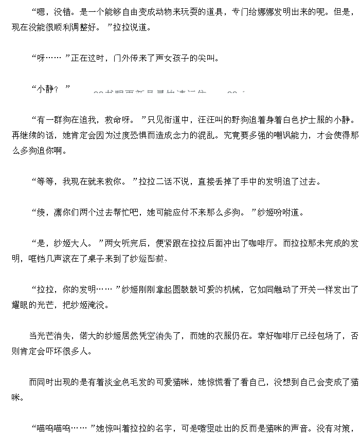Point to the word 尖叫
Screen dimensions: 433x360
[x=210, y=58]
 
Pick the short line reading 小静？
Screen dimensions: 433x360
[x=50, y=88]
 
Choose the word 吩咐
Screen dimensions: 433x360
[x=291, y=212]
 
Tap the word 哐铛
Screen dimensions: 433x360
[x=39, y=259]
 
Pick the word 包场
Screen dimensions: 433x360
[x=322, y=336]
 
